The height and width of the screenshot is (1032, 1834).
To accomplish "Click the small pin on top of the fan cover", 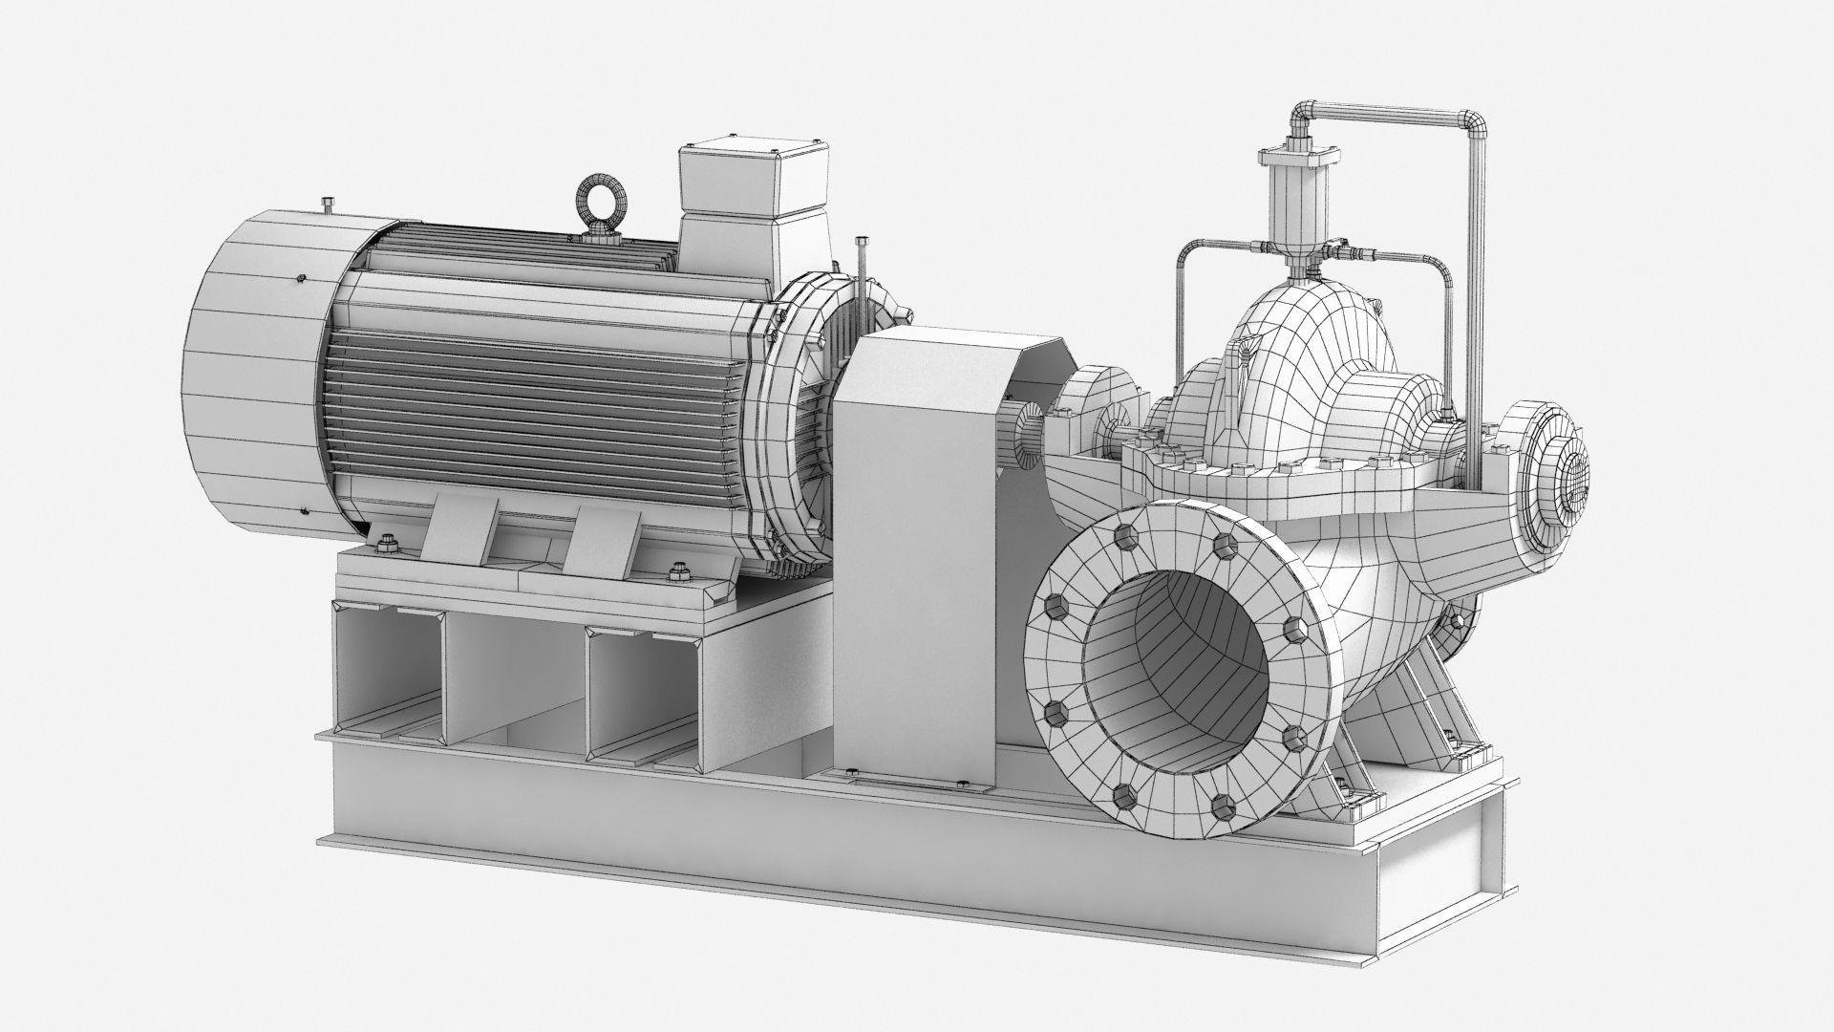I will [x=328, y=204].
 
